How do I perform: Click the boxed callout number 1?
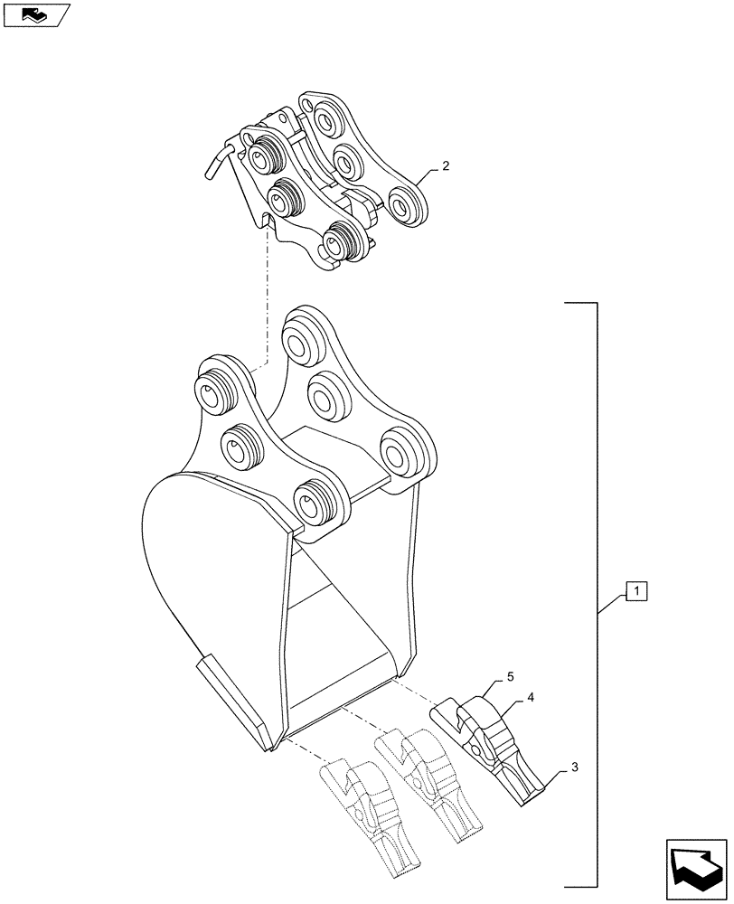(636, 593)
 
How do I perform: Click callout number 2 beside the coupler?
(445, 167)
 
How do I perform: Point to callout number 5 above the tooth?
(511, 676)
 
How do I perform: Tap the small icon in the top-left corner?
(35, 14)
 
